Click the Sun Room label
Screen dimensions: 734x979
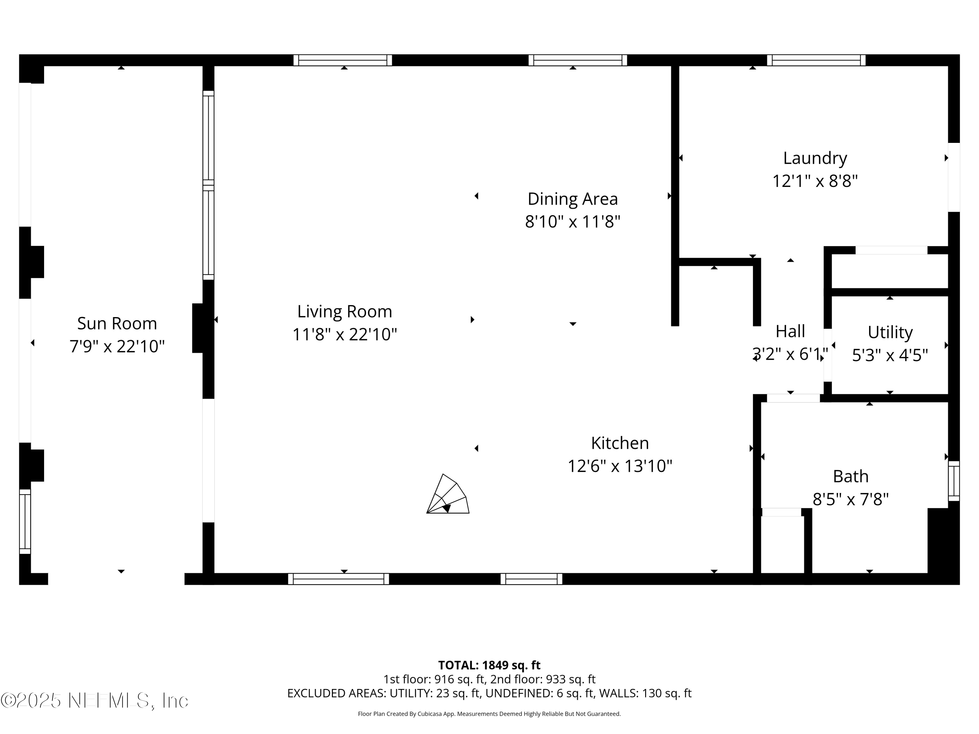pyautogui.click(x=117, y=323)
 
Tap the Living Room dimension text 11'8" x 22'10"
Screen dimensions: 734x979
pyautogui.click(x=344, y=334)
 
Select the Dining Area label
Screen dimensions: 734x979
pyautogui.click(x=572, y=199)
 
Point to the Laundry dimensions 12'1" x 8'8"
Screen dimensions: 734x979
pyautogui.click(x=815, y=181)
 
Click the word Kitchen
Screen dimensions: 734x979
pyautogui.click(x=620, y=443)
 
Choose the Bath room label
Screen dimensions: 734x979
pyautogui.click(x=850, y=477)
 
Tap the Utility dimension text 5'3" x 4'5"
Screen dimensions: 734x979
pyautogui.click(x=890, y=355)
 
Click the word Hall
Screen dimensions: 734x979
pyautogui.click(x=790, y=331)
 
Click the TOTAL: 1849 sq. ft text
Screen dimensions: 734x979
pyautogui.click(x=489, y=665)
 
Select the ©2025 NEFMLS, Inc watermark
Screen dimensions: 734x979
pyautogui.click(x=94, y=700)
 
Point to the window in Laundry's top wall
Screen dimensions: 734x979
pyautogui.click(x=816, y=60)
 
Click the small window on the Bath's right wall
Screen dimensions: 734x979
pyautogui.click(x=954, y=481)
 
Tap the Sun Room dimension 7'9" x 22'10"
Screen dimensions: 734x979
pyautogui.click(x=117, y=346)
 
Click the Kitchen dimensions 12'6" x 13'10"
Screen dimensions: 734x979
pyautogui.click(x=620, y=466)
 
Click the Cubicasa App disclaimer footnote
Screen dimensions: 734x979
pyautogui.click(x=489, y=714)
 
